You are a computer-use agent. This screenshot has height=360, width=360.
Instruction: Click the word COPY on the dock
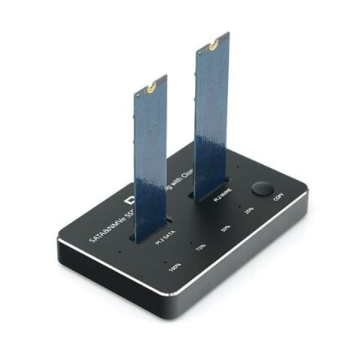pyautogui.click(x=278, y=197)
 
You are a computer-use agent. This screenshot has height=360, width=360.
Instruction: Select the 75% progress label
pyautogui.click(x=200, y=246)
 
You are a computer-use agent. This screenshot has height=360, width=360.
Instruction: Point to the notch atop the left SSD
pyautogui.click(x=152, y=87)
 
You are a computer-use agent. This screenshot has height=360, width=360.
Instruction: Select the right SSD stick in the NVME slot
pyautogui.click(x=211, y=112)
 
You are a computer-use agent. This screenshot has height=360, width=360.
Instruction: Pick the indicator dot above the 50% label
pyautogui.click(x=217, y=217)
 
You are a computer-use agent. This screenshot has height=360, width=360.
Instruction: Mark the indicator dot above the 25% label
pyautogui.click(x=240, y=201)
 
